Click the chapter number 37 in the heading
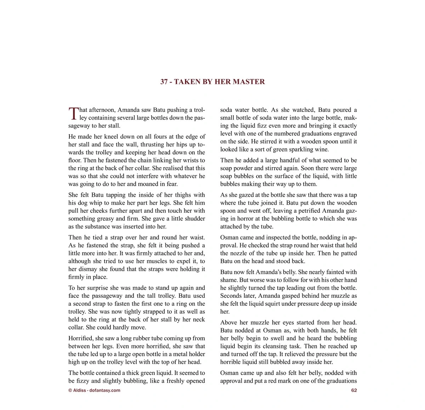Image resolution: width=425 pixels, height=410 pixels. pos(164,82)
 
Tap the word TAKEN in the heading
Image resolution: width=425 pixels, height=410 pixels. pos(188,82)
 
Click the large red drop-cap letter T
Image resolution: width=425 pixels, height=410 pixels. pos(73,113)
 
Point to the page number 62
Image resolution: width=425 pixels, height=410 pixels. pos(354,390)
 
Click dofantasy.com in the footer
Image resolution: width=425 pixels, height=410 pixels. pos(105,390)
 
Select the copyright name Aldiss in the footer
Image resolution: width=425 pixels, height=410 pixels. pos(79,390)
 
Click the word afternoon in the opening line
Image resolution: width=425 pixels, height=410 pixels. pos(102,110)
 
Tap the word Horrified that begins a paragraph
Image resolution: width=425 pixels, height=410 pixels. pos(81,338)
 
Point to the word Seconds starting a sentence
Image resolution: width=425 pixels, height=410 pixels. pos(231,296)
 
